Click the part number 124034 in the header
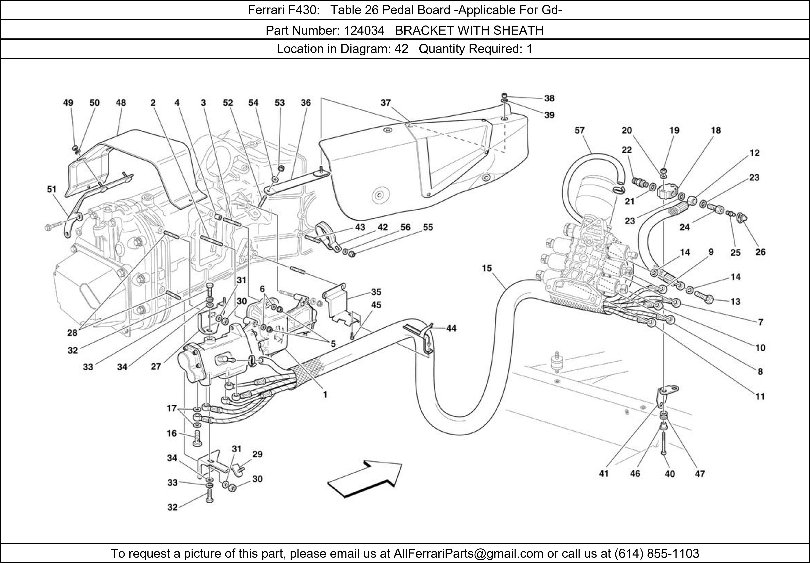pos(364,31)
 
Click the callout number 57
pos(580,130)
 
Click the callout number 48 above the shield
pos(121,103)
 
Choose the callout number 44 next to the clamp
pos(451,328)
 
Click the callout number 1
pos(325,395)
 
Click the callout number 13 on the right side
pos(735,302)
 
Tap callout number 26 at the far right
pos(761,252)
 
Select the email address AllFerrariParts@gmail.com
pos(468,553)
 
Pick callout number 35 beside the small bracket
pos(376,292)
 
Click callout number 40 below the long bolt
pos(670,474)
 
